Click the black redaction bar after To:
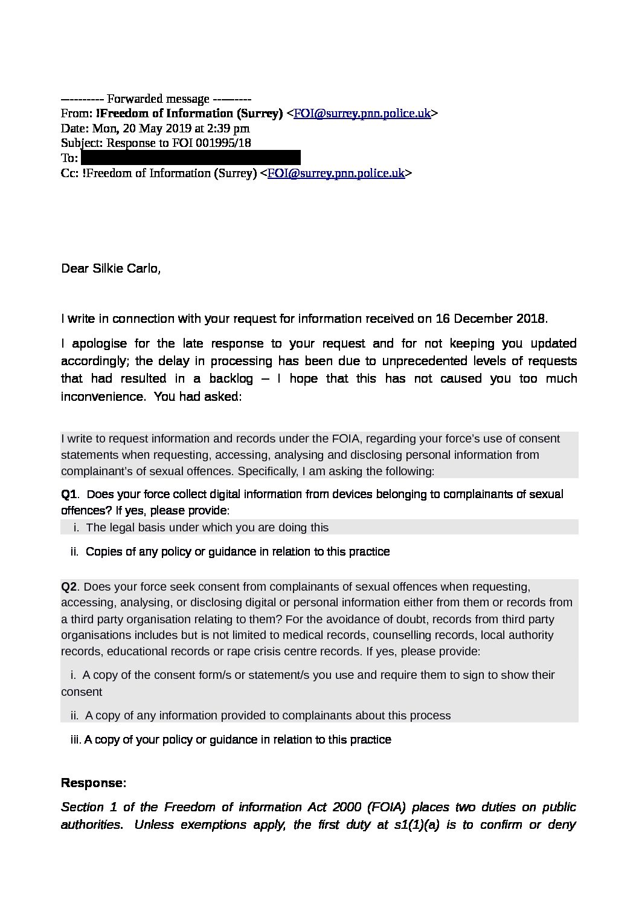point(190,158)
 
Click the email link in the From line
point(362,114)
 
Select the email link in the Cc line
point(336,174)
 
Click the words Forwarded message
point(158,99)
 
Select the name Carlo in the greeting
point(143,268)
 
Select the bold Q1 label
point(69,495)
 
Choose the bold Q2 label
point(69,587)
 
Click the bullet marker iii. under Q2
point(75,739)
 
